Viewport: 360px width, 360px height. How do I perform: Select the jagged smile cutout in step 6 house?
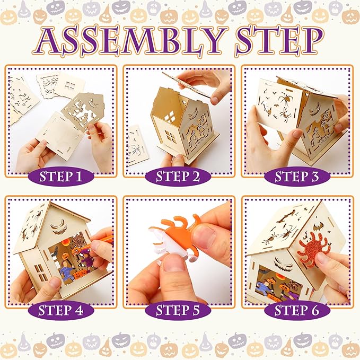pos(284,263)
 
